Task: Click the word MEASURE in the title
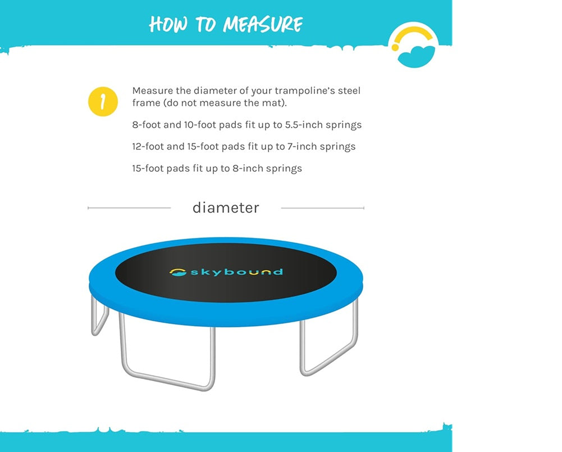coord(263,24)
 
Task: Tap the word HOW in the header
coord(168,24)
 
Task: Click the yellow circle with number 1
coord(103,102)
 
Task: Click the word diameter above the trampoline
coord(226,208)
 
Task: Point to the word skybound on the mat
coord(236,272)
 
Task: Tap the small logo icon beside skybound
coord(178,272)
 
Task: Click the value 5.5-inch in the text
coord(304,125)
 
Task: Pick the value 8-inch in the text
coord(247,168)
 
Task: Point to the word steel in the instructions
coord(349,90)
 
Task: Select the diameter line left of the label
coord(129,208)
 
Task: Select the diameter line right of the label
coord(323,208)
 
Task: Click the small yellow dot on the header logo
coord(395,47)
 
